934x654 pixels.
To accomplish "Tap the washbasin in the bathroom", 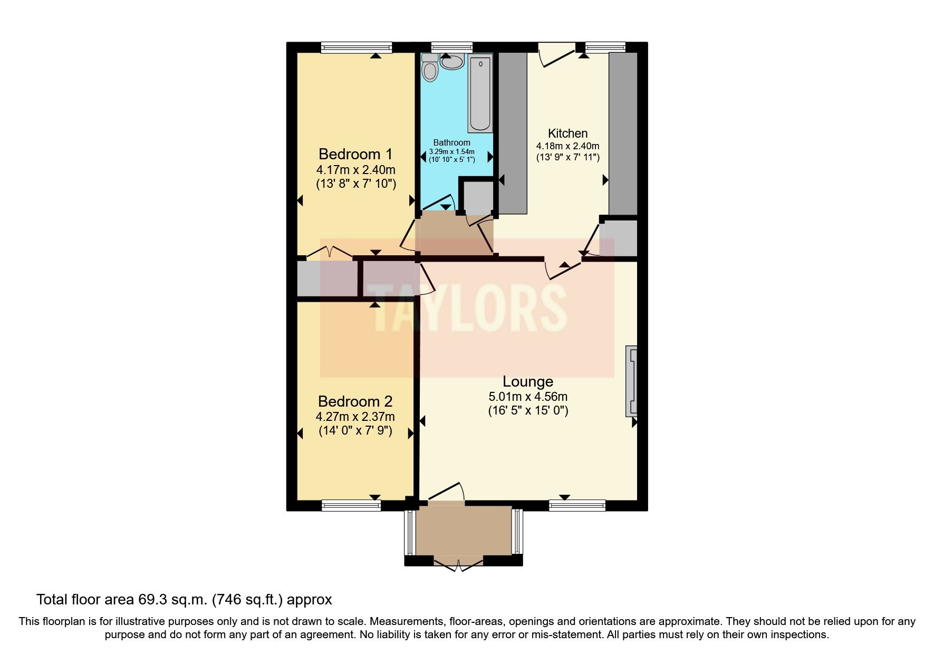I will coord(452,62).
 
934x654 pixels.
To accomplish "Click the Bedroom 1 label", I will coord(355,154).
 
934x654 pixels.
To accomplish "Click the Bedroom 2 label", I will coord(355,401).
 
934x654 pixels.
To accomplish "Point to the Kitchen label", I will coord(567,133).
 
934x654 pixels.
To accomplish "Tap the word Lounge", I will coord(527,381).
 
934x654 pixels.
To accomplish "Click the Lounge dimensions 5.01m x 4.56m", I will coord(527,397).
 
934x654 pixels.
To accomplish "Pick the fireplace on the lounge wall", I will coord(631,380).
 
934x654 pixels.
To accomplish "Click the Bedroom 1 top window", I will coord(357,47).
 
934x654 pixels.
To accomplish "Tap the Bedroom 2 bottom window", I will coord(351,506).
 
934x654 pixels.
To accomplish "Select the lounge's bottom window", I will coord(577,506).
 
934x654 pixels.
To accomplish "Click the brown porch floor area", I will coord(464,530).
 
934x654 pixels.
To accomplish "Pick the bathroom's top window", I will coord(451,47).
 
